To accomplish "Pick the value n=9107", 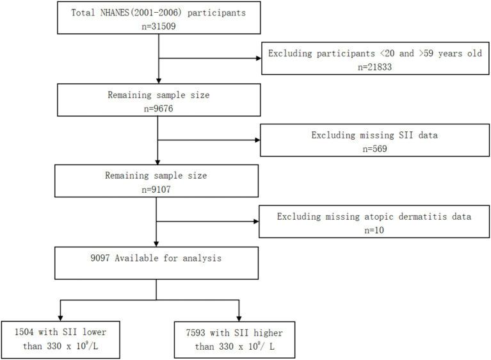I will pyautogui.click(x=156, y=190).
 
